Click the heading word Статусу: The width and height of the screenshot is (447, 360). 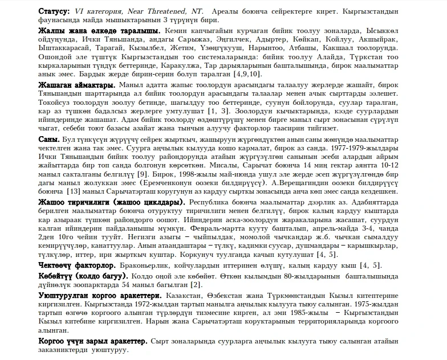pyautogui.click(x=54, y=11)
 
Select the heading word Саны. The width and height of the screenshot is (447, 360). pyautogui.click(x=48, y=140)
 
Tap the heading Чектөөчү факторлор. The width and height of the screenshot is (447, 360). pyautogui.click(x=76, y=265)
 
